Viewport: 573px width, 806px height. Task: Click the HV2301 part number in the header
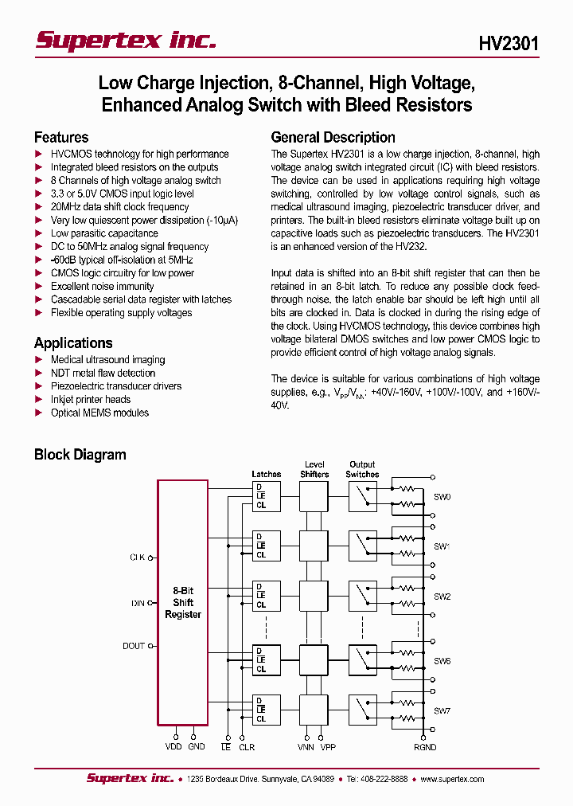[509, 44]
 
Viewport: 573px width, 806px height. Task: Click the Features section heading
[61, 137]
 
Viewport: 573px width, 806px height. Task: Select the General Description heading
[333, 137]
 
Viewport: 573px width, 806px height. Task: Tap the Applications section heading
[73, 343]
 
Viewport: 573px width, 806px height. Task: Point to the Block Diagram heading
[80, 455]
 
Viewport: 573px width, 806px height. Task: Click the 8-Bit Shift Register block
[183, 602]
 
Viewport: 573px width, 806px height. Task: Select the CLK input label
[137, 558]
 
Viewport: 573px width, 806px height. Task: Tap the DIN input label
[138, 603]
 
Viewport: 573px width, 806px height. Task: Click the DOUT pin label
[134, 646]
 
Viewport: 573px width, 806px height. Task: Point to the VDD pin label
[173, 746]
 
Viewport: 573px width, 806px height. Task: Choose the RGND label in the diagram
[425, 747]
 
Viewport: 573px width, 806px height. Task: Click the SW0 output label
[442, 497]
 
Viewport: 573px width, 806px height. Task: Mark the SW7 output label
[442, 710]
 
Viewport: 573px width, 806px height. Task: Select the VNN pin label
[306, 747]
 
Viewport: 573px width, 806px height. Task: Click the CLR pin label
[247, 747]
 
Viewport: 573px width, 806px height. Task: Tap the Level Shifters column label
[314, 469]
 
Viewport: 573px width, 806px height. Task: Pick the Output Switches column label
[362, 469]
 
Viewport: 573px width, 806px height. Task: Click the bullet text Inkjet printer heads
[90, 399]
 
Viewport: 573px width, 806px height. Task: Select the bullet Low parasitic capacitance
[104, 233]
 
